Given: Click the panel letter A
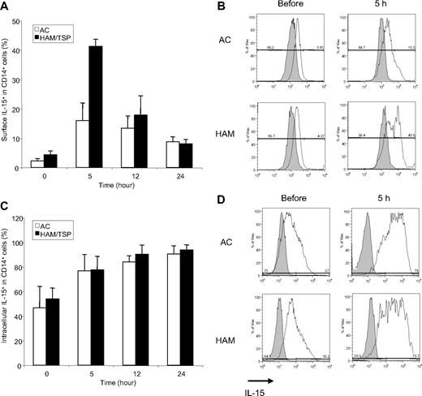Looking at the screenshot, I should [6, 6].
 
